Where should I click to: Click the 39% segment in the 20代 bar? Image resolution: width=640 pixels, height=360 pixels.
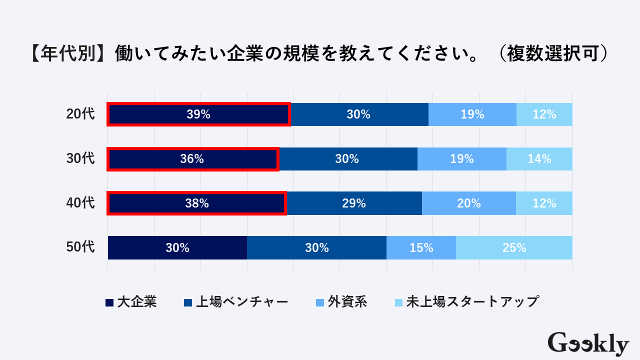[x=198, y=114]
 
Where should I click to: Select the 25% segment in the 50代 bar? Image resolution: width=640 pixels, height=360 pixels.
[x=514, y=247]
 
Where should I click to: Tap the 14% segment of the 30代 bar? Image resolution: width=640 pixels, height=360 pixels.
[x=539, y=159]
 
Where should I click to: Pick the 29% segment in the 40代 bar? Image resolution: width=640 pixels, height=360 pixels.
[x=354, y=203]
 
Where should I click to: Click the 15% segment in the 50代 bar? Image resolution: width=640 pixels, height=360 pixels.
[x=421, y=247]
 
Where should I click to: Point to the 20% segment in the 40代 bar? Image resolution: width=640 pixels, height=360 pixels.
[x=468, y=203]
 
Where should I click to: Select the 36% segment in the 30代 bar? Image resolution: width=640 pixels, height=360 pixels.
[x=192, y=159]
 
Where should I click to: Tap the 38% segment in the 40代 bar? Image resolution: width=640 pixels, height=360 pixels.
[x=196, y=203]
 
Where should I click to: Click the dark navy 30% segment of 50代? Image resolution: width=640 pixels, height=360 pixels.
[x=177, y=247]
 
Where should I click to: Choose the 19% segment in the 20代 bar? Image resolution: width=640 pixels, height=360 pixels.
[x=472, y=114]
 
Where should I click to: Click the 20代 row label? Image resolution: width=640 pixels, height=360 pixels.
[x=80, y=114]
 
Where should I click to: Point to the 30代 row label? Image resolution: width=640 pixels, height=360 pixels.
[x=80, y=159]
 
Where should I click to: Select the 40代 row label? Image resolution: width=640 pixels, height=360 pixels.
[x=80, y=203]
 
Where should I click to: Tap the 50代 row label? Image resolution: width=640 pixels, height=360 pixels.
[x=80, y=247]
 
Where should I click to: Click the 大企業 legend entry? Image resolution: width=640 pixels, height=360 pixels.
[x=131, y=302]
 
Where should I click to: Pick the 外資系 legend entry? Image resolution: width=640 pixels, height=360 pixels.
[x=342, y=302]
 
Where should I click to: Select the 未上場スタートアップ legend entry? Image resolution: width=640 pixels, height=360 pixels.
[x=467, y=302]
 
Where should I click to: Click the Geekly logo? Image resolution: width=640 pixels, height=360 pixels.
[x=588, y=343]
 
